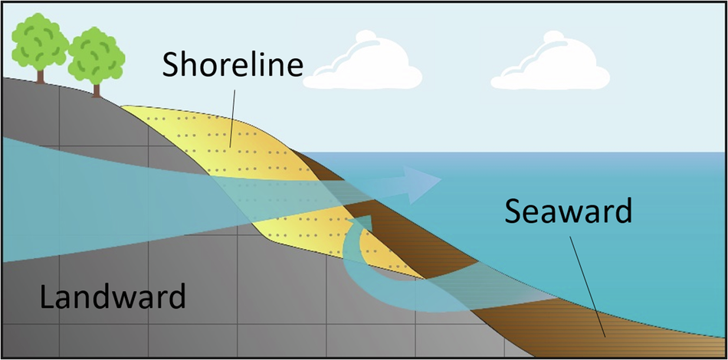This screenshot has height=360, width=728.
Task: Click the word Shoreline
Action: point(232,67)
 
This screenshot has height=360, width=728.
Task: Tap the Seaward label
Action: point(568,211)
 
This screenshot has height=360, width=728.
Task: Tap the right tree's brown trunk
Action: point(97,89)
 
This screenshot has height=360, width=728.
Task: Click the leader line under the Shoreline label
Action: point(232,116)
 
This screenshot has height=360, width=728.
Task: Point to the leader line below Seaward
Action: point(586,283)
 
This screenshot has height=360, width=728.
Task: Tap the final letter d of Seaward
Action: point(621,211)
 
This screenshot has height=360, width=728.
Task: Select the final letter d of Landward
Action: point(175,296)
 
